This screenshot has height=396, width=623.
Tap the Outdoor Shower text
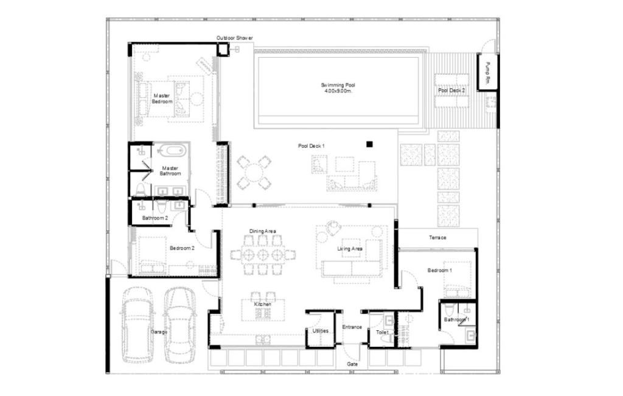234,38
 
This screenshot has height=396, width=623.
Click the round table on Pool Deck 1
253,173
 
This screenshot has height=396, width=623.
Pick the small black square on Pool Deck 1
369,144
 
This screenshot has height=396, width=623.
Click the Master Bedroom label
162,99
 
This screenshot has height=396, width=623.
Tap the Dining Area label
263,231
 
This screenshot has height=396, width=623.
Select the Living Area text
350,248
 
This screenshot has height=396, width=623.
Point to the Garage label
159,332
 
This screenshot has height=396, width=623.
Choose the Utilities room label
320,331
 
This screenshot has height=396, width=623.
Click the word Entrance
352,327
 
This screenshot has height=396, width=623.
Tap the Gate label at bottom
352,364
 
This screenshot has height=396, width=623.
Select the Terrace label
437,237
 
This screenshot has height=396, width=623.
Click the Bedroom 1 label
439,270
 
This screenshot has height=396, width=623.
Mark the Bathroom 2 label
155,218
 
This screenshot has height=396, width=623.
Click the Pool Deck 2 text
451,91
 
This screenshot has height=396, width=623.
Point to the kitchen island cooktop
263,313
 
